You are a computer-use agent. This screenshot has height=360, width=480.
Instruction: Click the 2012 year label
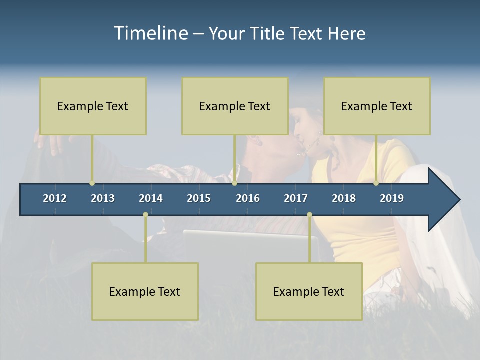[55, 198]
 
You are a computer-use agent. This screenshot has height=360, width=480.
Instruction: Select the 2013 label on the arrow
[103, 198]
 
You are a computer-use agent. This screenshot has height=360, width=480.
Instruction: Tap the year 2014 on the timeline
[151, 198]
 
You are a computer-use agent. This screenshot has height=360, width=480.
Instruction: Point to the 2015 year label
[199, 198]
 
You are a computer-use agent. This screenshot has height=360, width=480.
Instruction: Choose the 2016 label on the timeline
[248, 198]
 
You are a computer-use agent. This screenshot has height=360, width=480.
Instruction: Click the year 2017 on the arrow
[296, 198]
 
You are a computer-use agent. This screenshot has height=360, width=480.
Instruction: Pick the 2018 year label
[344, 198]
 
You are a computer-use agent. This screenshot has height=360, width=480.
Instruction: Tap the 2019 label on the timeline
[392, 198]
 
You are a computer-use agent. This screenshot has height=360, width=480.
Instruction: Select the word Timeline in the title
[151, 33]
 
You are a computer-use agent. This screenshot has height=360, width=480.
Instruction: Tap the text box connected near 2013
[93, 106]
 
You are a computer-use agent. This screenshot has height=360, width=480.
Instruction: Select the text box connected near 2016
[235, 106]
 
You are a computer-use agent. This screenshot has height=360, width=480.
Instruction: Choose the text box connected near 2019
[377, 106]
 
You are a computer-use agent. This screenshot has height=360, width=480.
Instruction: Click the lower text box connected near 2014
[145, 291]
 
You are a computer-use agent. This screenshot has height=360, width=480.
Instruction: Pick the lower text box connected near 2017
[309, 291]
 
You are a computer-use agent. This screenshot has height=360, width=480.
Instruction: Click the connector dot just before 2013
[92, 183]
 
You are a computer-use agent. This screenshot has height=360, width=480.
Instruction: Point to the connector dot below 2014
[145, 215]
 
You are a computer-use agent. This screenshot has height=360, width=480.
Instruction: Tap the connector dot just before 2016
[235, 183]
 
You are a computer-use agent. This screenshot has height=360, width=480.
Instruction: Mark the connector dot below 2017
[309, 215]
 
